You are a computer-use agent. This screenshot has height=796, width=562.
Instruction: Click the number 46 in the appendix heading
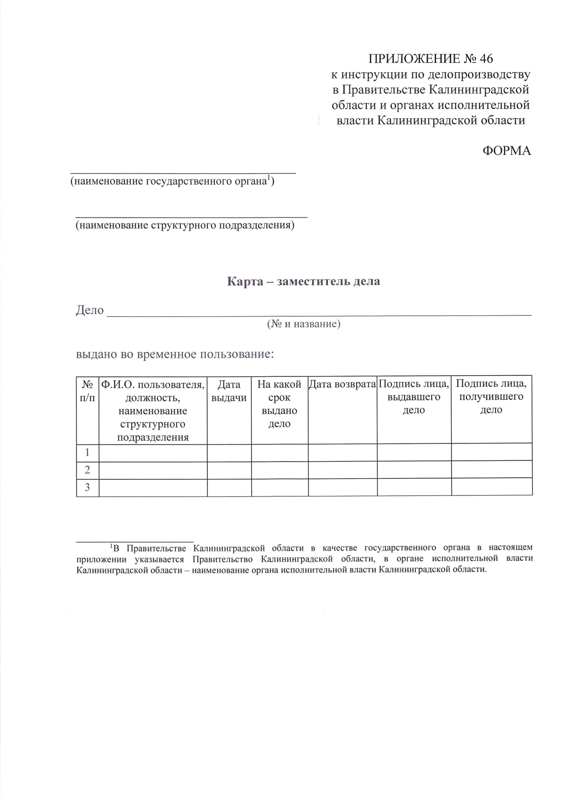(x=486, y=59)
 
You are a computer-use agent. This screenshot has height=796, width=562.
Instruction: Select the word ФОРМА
(x=507, y=150)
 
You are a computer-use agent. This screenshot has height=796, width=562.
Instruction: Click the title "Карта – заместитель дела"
(x=303, y=281)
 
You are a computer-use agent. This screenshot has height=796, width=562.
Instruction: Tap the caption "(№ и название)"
(x=303, y=323)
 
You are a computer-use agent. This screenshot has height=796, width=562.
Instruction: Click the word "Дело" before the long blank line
(x=89, y=310)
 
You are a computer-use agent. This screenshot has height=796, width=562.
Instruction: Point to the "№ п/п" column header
(x=88, y=391)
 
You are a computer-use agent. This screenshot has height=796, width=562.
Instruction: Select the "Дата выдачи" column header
(x=229, y=391)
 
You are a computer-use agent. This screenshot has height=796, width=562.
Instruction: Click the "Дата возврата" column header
(x=342, y=384)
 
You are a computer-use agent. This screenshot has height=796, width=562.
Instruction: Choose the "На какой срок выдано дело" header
(x=280, y=404)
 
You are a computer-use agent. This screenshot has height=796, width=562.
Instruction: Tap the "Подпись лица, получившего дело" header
(x=491, y=397)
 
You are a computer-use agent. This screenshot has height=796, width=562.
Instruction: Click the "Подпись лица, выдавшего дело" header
(x=414, y=397)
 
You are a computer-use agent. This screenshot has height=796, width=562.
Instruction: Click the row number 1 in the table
(x=87, y=453)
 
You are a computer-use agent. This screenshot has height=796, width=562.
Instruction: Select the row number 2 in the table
(x=87, y=470)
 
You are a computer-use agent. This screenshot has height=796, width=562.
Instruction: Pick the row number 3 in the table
(x=87, y=488)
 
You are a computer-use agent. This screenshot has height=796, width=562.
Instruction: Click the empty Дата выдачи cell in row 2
(x=229, y=470)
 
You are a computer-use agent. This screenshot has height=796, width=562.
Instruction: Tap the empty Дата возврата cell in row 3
(x=342, y=488)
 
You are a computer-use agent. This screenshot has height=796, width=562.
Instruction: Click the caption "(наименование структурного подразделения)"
(x=185, y=225)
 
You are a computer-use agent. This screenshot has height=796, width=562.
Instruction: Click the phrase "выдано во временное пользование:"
(x=175, y=354)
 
